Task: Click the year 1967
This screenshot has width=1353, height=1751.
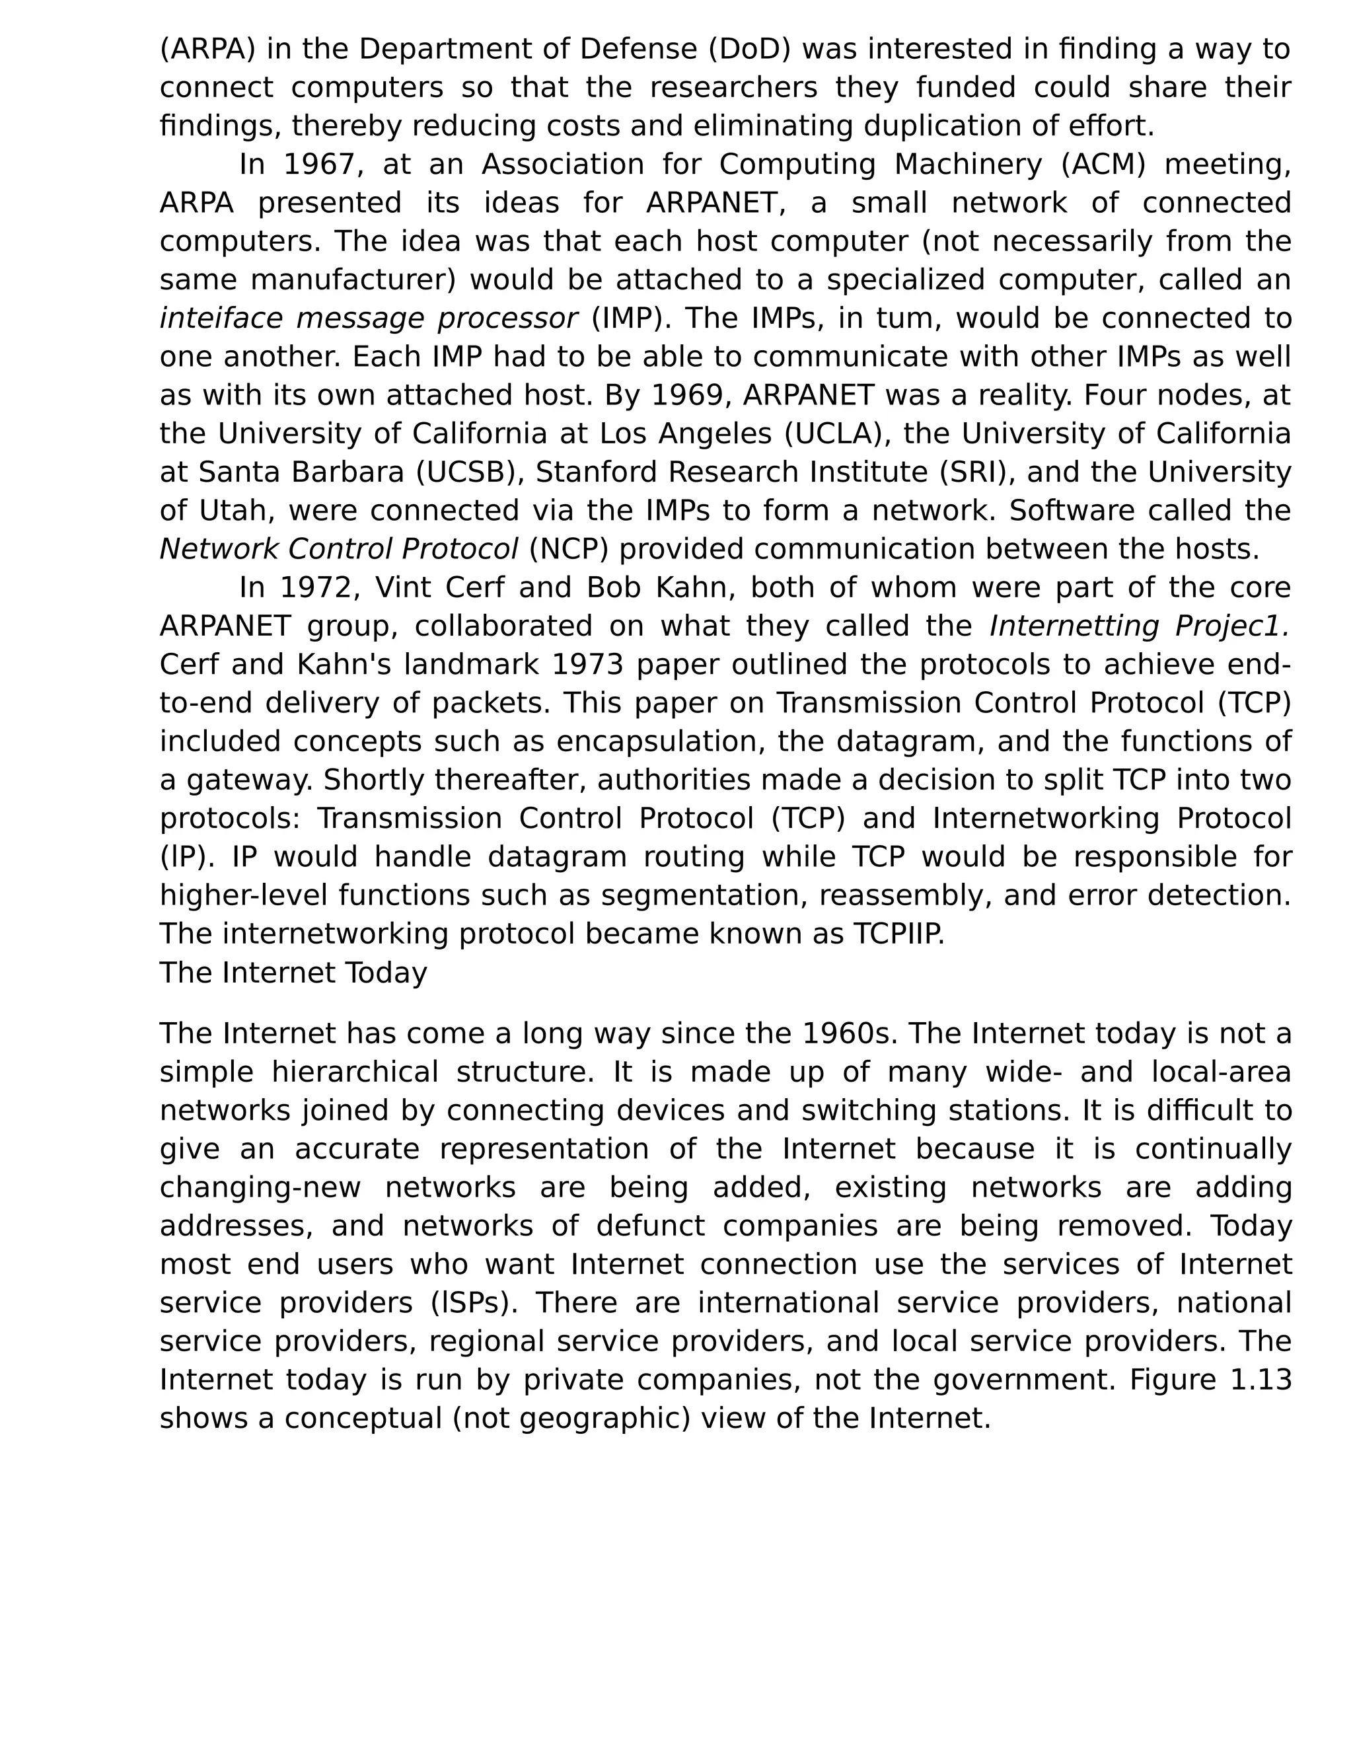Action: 323,165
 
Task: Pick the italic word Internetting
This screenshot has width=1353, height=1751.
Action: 1074,626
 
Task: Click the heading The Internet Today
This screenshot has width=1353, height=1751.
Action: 293,973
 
